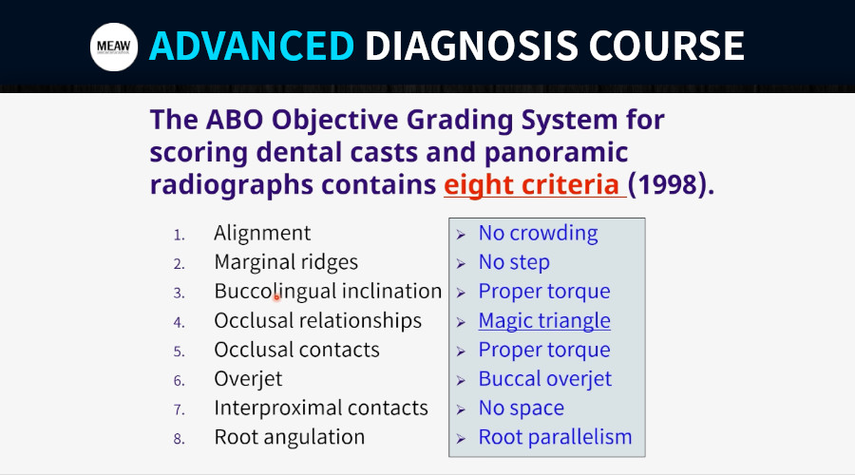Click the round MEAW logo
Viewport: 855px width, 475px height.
click(114, 47)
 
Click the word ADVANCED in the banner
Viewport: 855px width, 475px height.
click(252, 46)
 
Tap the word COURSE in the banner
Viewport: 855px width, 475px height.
click(666, 46)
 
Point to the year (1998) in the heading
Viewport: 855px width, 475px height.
click(671, 184)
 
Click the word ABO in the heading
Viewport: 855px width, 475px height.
click(235, 120)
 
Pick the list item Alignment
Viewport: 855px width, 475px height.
click(262, 234)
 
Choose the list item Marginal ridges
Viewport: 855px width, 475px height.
click(286, 262)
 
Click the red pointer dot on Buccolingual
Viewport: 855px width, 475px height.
click(276, 297)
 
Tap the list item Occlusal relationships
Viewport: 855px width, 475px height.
click(318, 321)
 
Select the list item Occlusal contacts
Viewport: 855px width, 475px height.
click(296, 350)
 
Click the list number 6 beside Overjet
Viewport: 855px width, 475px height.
click(180, 380)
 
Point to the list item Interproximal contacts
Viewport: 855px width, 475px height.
click(321, 408)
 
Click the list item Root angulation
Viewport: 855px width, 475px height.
click(290, 437)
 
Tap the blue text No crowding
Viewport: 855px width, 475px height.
click(539, 234)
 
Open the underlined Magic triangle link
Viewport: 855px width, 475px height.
click(544, 321)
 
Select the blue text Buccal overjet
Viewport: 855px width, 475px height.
click(545, 379)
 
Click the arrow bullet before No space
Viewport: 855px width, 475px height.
click(461, 409)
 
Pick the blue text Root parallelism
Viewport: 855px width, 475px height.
click(555, 437)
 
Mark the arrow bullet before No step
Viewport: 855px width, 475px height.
click(461, 264)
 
